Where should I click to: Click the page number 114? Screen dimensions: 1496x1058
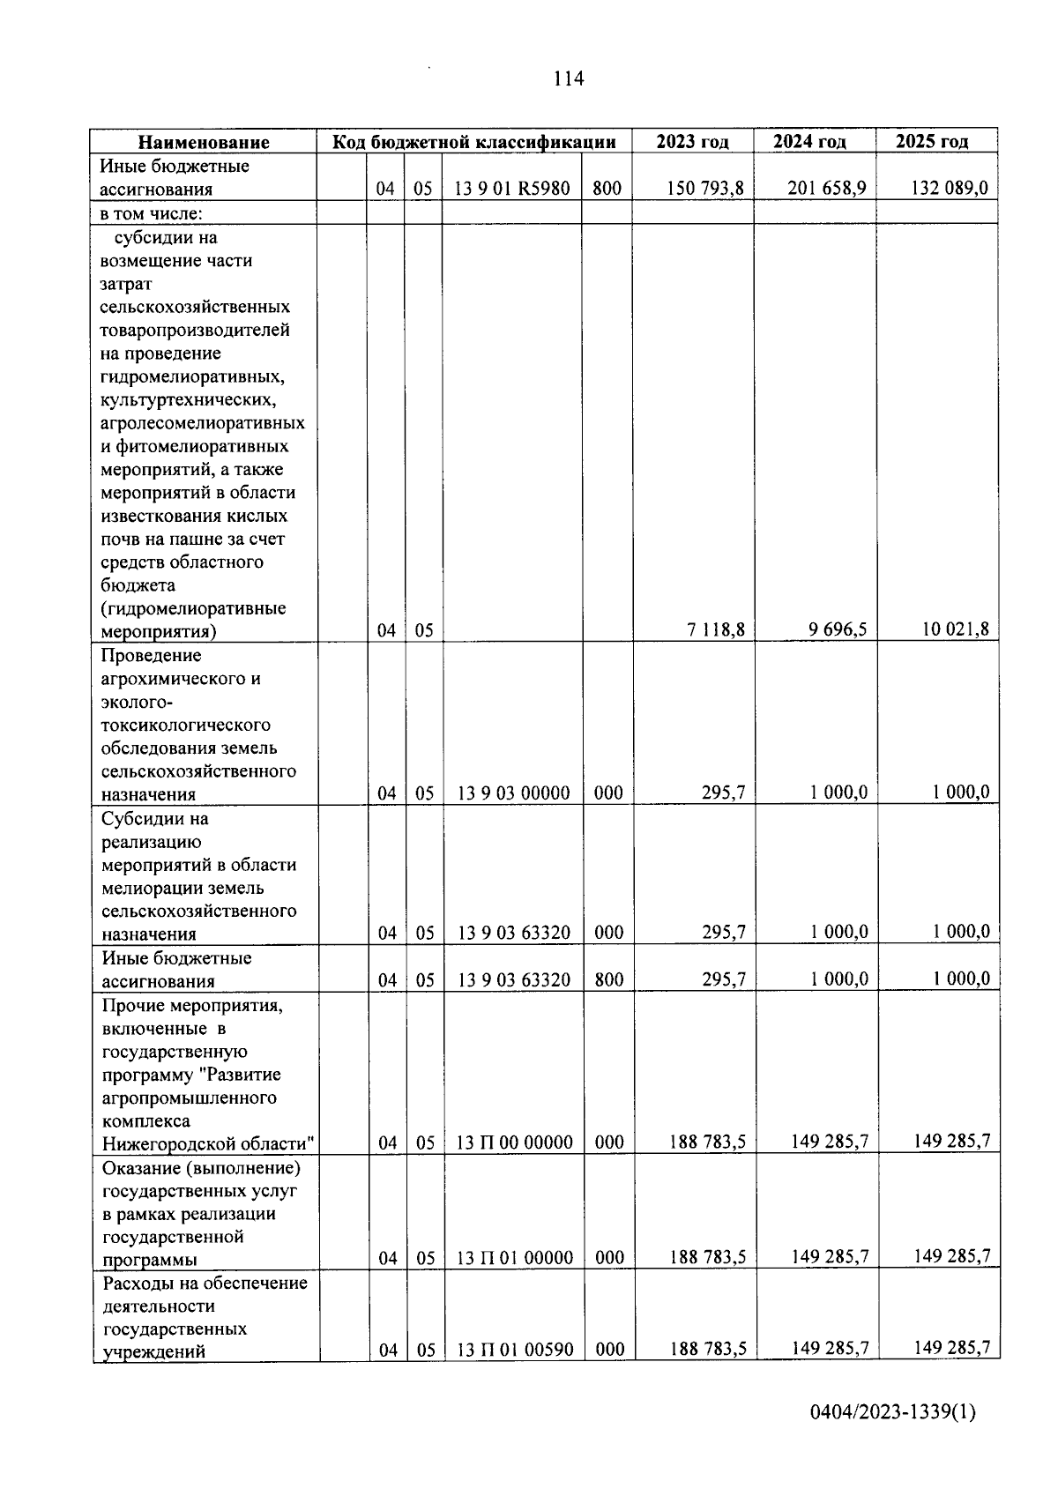(x=569, y=79)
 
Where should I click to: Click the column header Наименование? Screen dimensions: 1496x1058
(x=204, y=142)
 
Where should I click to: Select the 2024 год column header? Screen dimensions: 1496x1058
(x=809, y=141)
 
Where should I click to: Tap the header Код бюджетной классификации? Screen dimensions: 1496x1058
(x=473, y=142)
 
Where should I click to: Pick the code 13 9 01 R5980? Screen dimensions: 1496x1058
(x=511, y=188)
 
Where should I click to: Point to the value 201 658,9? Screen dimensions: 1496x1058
(x=826, y=188)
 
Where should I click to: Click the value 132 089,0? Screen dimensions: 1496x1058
(x=949, y=188)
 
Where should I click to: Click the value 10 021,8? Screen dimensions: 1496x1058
(x=955, y=629)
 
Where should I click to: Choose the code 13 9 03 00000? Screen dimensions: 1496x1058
(x=513, y=793)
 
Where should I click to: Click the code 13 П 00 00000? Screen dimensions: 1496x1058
(x=514, y=1142)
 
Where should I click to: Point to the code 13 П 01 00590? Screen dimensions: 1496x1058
(x=515, y=1350)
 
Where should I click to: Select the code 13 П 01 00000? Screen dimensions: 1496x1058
(x=515, y=1258)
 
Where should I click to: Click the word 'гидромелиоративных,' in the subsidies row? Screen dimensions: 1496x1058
(x=192, y=377)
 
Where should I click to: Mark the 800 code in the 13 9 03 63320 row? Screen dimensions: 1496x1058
(x=608, y=979)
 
